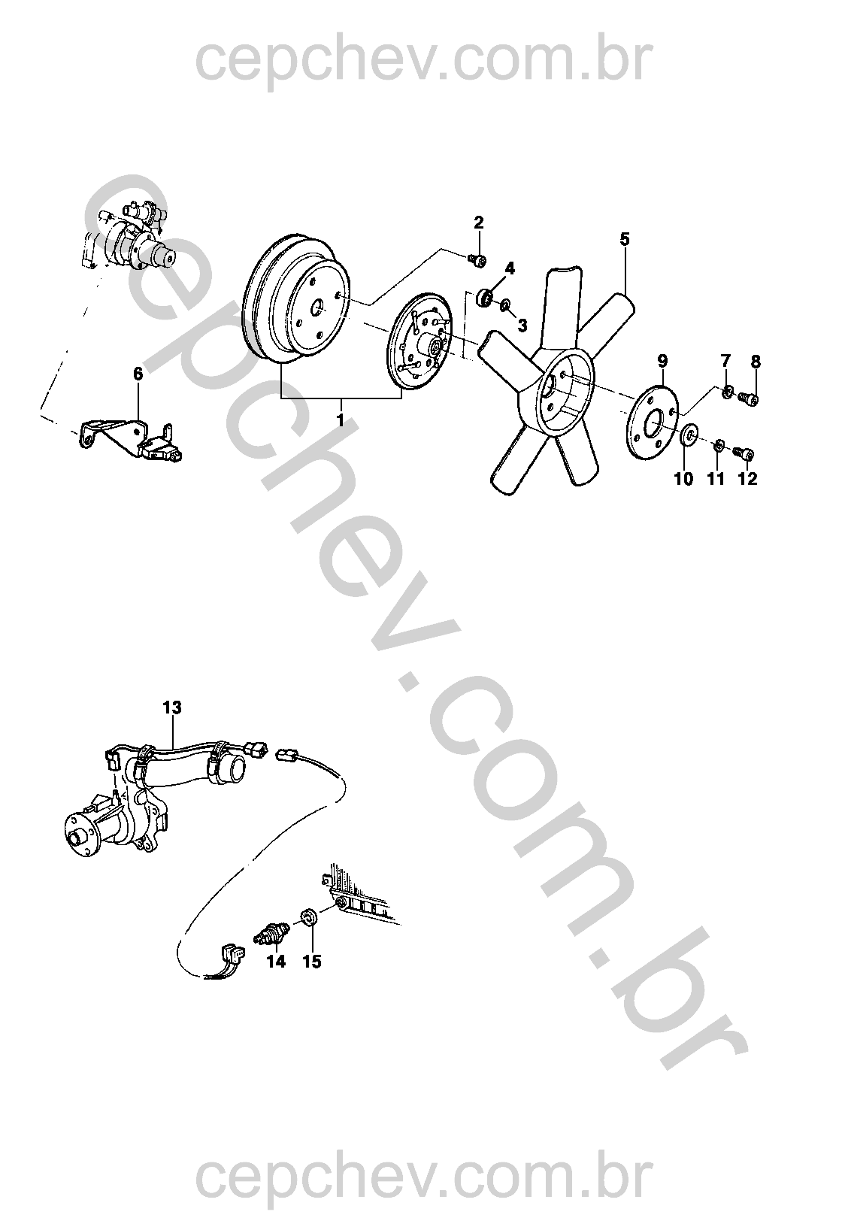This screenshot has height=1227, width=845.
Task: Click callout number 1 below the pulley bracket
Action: (x=340, y=421)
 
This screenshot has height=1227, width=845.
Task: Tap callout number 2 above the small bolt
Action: (x=479, y=223)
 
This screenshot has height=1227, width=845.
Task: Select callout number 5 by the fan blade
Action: (x=625, y=239)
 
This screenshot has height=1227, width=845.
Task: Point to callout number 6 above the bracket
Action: (x=138, y=374)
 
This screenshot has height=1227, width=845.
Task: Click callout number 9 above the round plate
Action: (x=662, y=361)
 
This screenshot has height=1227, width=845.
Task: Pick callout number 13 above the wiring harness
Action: (x=172, y=707)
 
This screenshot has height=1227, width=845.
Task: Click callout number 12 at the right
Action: (x=747, y=479)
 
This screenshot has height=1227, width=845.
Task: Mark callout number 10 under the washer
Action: (x=683, y=479)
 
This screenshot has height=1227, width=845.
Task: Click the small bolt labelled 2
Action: (x=477, y=262)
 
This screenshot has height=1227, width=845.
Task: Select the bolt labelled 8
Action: (x=748, y=398)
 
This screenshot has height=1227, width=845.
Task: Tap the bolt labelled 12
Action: (x=744, y=454)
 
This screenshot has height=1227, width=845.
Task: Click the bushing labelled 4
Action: (x=485, y=298)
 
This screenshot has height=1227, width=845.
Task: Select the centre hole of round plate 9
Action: (x=654, y=423)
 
